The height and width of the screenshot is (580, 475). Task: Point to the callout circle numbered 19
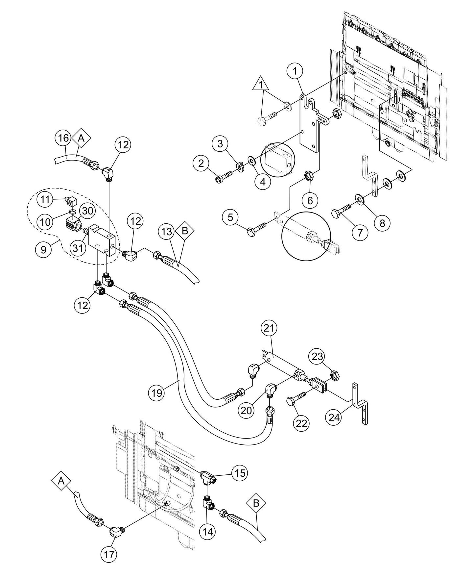click(157, 392)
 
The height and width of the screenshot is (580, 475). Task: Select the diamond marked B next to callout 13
click(185, 231)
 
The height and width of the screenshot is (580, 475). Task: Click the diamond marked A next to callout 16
click(81, 139)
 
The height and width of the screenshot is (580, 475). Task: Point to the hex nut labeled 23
click(335, 374)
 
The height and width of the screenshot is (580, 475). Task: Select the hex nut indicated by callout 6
click(309, 175)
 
